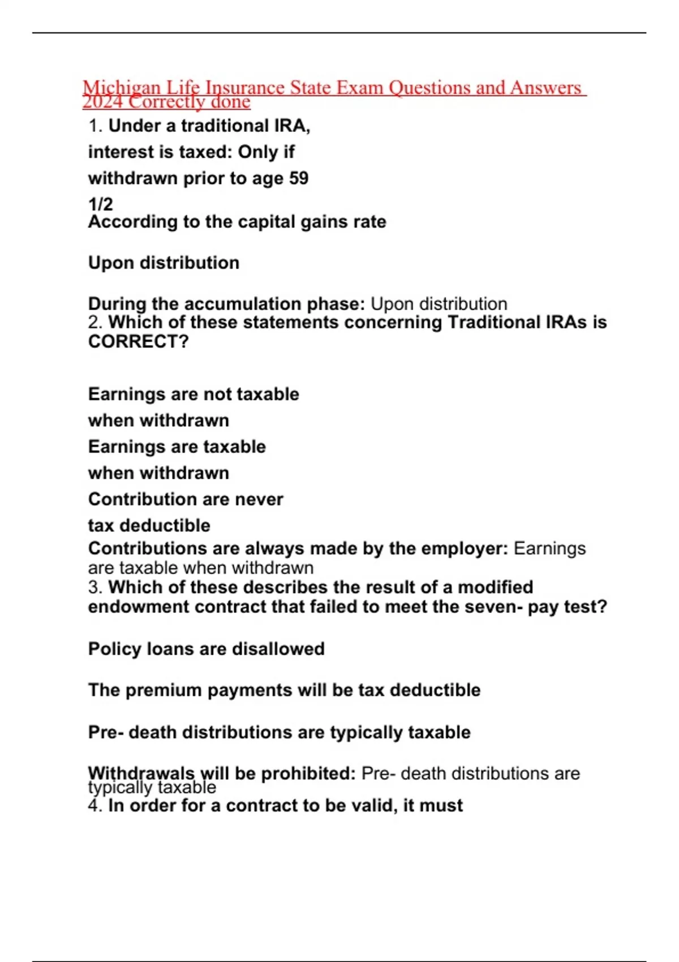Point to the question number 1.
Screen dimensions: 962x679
pyautogui.click(x=95, y=126)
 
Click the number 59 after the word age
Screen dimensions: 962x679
pyautogui.click(x=298, y=178)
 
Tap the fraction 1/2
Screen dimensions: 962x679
pyautogui.click(x=100, y=204)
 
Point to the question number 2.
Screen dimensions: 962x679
pyautogui.click(x=95, y=323)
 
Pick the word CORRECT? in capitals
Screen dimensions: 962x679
pyautogui.click(x=138, y=342)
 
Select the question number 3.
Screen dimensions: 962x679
pyautogui.click(x=95, y=587)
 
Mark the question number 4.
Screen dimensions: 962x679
pyautogui.click(x=95, y=805)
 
